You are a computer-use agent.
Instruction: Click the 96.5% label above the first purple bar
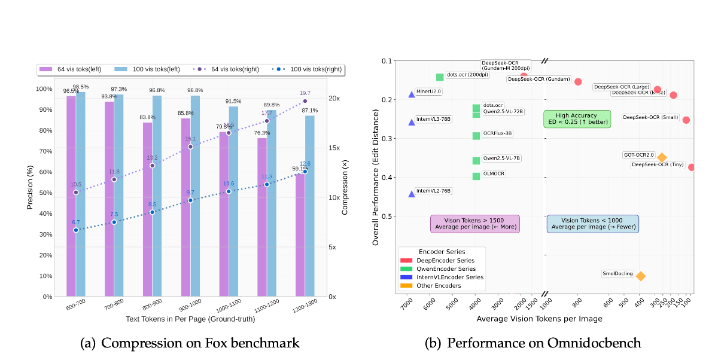click(x=71, y=91)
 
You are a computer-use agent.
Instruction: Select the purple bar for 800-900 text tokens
click(x=147, y=209)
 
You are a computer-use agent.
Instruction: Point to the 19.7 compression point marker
click(x=305, y=101)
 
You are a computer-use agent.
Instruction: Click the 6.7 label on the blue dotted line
click(x=76, y=222)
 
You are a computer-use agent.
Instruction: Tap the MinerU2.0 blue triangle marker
click(x=412, y=94)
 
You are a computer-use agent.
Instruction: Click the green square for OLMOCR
click(x=476, y=176)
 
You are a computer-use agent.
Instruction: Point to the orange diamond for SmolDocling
click(x=641, y=276)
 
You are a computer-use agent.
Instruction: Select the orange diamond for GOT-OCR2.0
click(x=662, y=157)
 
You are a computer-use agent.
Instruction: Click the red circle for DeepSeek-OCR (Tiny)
click(x=692, y=167)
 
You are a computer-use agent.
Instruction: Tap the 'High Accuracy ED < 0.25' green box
click(x=577, y=119)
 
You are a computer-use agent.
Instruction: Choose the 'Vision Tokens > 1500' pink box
click(x=475, y=224)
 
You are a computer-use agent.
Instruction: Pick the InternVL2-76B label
click(x=433, y=191)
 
